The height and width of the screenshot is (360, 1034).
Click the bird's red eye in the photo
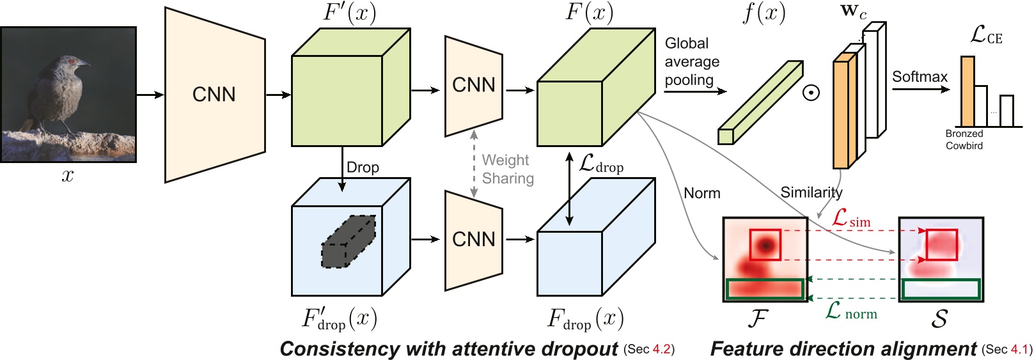(x=72, y=61)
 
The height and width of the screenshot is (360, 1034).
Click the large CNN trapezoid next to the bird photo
(x=214, y=95)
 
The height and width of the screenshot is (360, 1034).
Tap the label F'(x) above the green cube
(x=349, y=12)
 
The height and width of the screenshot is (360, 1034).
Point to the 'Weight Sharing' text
(x=508, y=169)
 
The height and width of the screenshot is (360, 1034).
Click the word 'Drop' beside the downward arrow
(x=363, y=168)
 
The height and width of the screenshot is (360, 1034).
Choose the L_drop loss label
(x=600, y=164)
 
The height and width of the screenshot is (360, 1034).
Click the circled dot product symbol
(x=811, y=93)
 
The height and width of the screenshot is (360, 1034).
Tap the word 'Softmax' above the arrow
(x=919, y=77)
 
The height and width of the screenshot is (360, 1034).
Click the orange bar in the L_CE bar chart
(x=967, y=91)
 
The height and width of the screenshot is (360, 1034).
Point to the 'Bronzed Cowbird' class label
(x=964, y=139)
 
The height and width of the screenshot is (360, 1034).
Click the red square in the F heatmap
(x=765, y=245)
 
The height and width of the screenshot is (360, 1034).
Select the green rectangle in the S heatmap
(x=940, y=289)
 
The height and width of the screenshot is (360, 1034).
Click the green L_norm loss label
(x=851, y=311)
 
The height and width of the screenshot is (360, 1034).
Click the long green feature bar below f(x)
(x=760, y=102)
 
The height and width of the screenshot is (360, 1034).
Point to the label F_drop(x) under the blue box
(x=585, y=319)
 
